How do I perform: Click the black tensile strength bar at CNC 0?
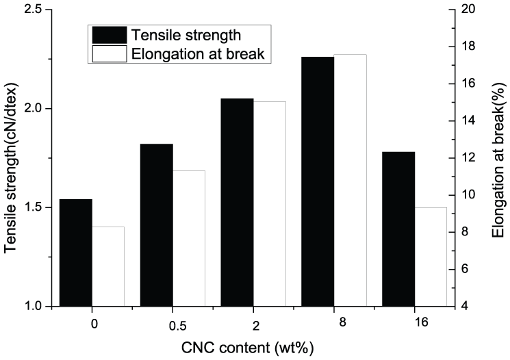76,253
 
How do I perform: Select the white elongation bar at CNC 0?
108,266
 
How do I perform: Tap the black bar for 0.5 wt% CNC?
156,225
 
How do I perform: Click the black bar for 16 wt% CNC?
398,229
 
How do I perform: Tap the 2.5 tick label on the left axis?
31,10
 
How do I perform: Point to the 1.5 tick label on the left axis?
31,207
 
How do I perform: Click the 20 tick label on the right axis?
467,10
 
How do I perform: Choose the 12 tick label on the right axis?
467,158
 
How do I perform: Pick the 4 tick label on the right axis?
464,306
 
